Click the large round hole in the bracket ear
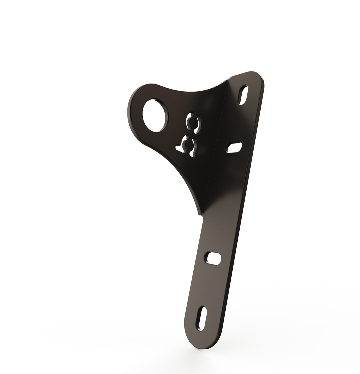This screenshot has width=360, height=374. (x=154, y=115)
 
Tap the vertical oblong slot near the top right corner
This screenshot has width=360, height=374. (x=243, y=95)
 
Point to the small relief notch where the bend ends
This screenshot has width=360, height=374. (x=202, y=217)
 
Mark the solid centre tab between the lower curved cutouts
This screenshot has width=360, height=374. (x=189, y=145)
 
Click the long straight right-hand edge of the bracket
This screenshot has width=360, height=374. (x=243, y=200)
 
